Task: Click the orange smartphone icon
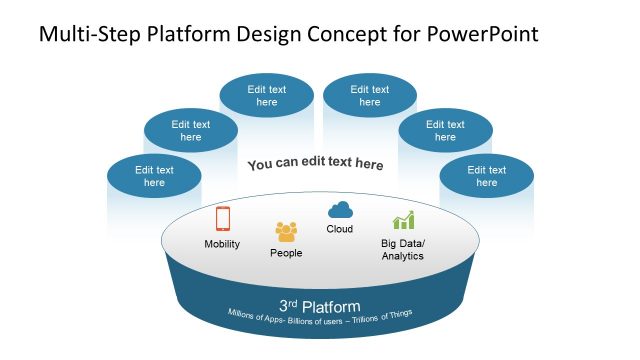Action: point(222,219)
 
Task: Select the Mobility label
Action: point(222,244)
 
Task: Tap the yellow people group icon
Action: point(286,232)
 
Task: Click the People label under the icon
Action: point(286,253)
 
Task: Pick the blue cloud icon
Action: point(340,209)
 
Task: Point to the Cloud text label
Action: point(340,229)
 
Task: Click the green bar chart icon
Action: point(403,221)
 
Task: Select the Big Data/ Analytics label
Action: point(403,249)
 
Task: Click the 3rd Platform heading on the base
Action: point(320,305)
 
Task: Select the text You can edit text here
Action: point(315,164)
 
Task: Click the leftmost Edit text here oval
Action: point(154,176)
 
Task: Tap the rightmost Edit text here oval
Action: point(486,176)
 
